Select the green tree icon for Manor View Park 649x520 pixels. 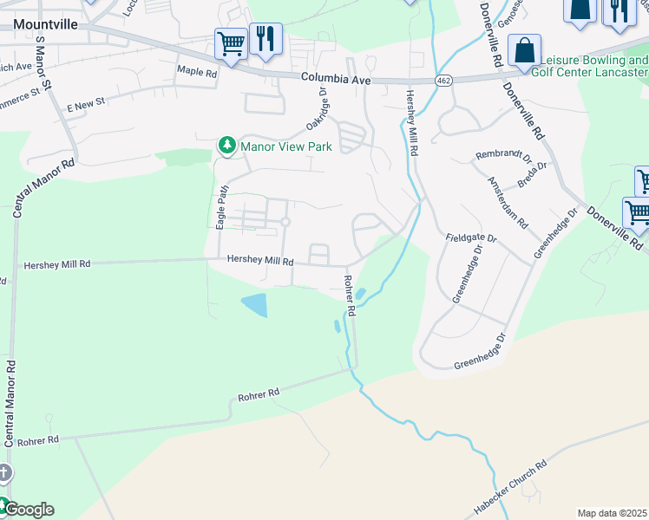[227, 146]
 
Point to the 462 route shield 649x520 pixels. [443, 81]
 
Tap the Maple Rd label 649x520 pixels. [196, 72]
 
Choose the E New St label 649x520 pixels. [86, 102]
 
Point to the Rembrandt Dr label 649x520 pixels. [502, 156]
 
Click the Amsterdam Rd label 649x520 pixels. [508, 202]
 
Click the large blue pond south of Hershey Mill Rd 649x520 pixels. [254, 304]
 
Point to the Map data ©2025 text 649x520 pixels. [612, 513]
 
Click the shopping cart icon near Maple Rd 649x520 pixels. [231, 42]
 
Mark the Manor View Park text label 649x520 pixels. [286, 147]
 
